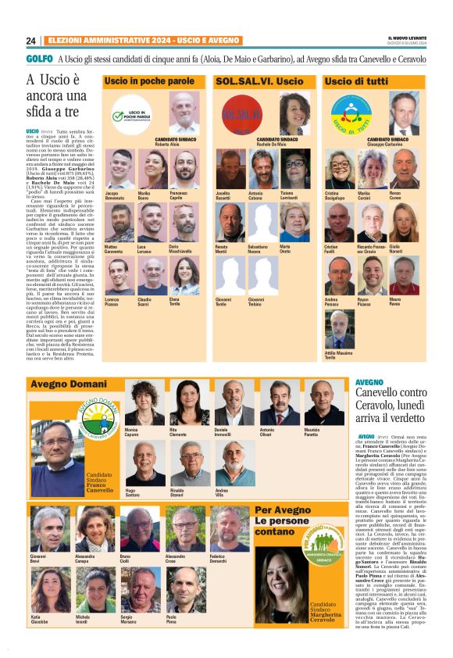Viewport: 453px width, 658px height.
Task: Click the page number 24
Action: [30, 41]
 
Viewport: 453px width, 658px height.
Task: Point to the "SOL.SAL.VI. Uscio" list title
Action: [259, 81]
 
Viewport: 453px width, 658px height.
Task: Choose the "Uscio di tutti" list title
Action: [355, 81]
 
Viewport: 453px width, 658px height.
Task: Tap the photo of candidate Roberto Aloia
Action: [184, 113]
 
